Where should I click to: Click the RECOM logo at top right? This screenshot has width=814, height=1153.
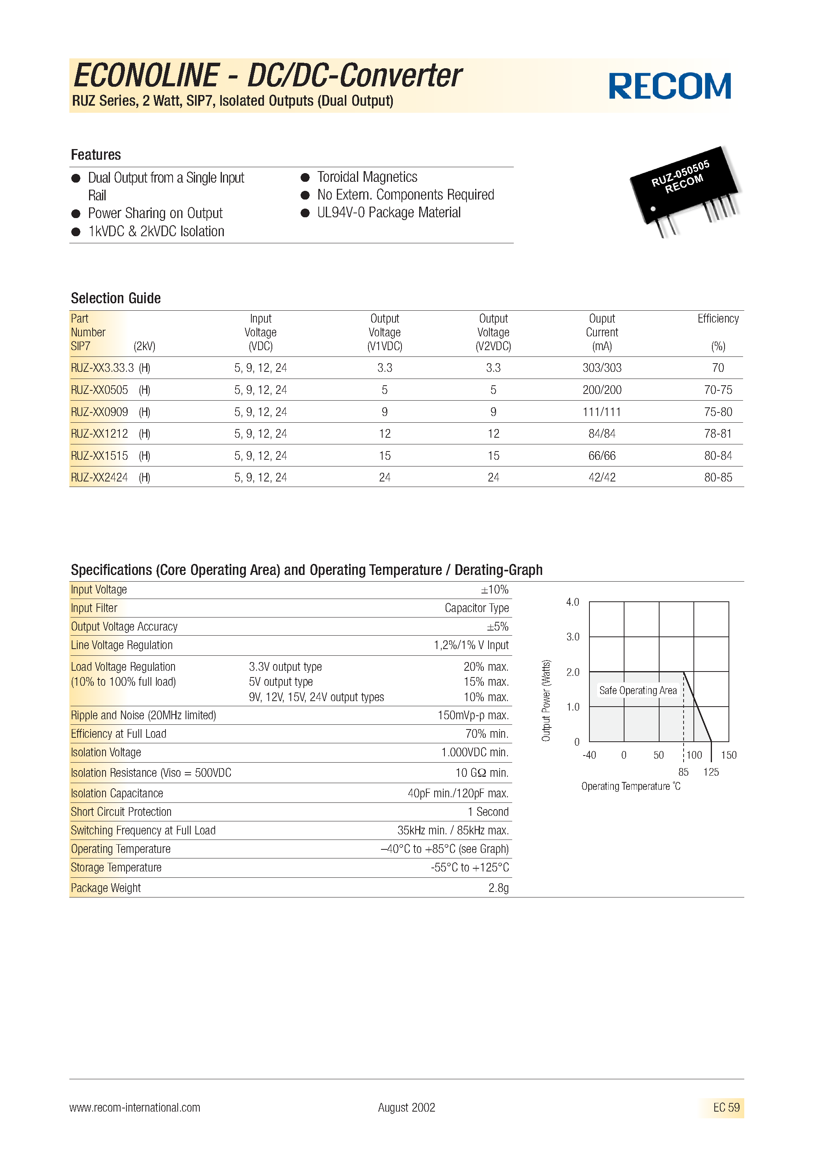[669, 86]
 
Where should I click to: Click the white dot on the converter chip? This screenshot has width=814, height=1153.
[653, 209]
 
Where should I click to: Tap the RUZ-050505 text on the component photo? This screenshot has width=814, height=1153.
[680, 173]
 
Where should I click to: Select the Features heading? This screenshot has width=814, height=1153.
[96, 155]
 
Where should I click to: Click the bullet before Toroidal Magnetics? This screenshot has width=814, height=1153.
[305, 177]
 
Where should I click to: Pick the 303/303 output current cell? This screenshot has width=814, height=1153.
[602, 368]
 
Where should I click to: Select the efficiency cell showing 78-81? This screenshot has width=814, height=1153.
[717, 434]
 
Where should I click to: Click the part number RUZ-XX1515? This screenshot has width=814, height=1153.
[99, 456]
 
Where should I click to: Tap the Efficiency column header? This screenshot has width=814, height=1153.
[717, 319]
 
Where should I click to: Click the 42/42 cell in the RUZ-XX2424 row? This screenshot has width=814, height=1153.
[602, 478]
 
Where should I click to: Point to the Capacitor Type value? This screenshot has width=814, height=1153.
[476, 608]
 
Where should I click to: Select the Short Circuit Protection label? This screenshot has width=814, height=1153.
[121, 812]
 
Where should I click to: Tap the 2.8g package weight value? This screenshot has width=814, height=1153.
[498, 888]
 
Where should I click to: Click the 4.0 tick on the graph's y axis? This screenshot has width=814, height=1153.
[572, 602]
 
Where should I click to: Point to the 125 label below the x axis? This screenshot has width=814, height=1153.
[711, 772]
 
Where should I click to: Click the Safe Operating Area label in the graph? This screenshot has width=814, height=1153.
[638, 690]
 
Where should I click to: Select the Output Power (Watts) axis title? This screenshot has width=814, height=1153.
[546, 701]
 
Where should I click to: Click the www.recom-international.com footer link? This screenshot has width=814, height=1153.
[134, 1107]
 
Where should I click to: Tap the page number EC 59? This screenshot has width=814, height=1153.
[726, 1107]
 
